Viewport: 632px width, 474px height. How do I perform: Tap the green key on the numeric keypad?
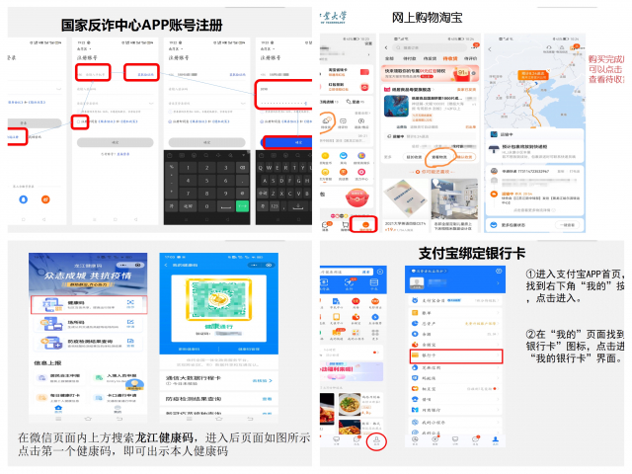pos(243,207)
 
